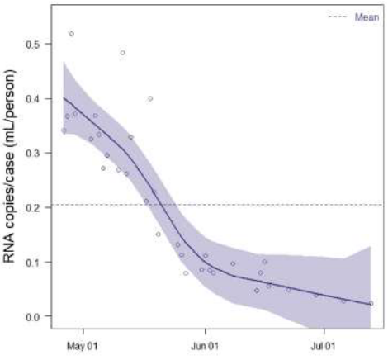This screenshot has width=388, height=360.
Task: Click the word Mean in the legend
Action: [x=367, y=17]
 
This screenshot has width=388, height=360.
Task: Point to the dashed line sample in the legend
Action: [x=338, y=17]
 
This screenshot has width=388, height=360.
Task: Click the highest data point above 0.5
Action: [x=72, y=34]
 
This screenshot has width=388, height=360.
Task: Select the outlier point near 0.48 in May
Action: [x=122, y=53]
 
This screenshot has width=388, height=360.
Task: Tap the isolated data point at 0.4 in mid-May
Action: [x=150, y=98]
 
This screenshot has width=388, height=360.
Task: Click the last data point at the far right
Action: [x=371, y=303]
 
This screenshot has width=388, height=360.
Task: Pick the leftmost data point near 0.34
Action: [x=64, y=130]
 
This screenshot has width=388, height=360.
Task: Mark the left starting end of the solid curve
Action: [x=64, y=98]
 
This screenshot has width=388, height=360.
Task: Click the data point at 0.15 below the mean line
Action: [x=158, y=234]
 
